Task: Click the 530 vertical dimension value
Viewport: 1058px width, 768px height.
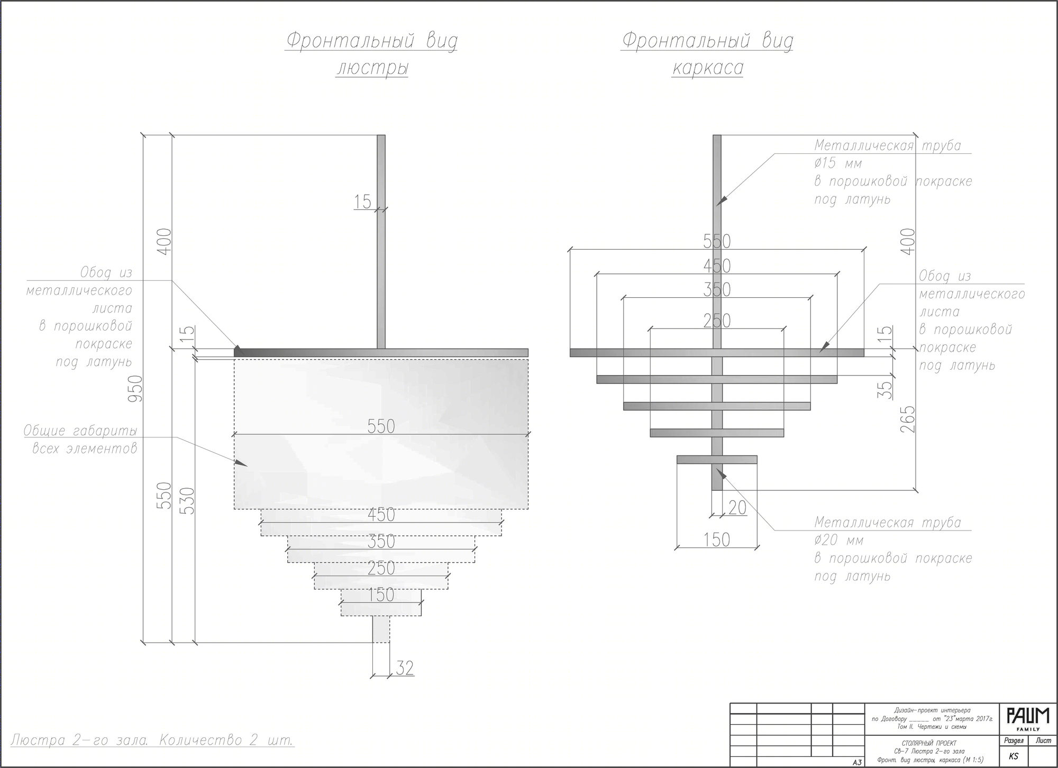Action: [188, 500]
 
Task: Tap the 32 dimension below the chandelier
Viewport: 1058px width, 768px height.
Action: [405, 668]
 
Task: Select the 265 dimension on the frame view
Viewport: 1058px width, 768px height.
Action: [908, 419]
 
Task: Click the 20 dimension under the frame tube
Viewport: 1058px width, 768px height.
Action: [737, 508]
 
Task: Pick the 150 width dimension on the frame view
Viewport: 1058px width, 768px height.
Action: [716, 540]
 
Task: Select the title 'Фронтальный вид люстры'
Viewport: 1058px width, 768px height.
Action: [371, 54]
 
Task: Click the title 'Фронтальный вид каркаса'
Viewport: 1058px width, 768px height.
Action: [707, 54]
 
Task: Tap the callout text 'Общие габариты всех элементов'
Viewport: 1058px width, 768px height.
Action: [80, 440]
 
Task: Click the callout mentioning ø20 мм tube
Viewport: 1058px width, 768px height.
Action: [892, 549]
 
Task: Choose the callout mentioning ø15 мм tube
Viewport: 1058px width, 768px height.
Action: [892, 172]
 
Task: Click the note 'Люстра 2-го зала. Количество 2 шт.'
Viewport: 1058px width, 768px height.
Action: [152, 739]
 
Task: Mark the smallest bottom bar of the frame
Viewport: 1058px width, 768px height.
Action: [717, 460]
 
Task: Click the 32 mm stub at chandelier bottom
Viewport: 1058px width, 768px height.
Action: [381, 629]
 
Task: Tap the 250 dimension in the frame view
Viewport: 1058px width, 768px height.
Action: [717, 321]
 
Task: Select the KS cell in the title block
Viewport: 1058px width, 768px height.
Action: [1013, 756]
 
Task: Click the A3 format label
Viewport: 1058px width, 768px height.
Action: [857, 762]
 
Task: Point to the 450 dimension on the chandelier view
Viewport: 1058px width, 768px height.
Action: [381, 514]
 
